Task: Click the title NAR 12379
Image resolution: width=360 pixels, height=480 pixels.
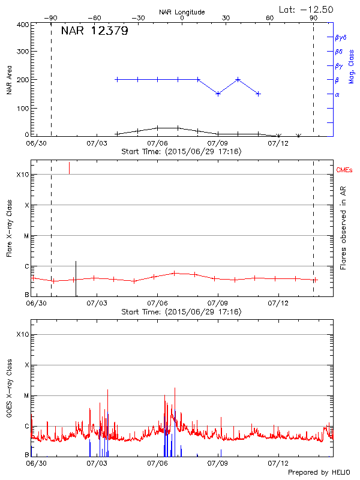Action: pos(95,31)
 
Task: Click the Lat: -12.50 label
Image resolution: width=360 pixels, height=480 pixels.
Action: pos(307,9)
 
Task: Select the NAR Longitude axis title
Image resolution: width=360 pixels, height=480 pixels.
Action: pos(182,12)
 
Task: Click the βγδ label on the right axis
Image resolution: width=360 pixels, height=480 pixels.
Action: pos(341,37)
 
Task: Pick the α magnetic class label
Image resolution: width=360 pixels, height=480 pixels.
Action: pos(337,94)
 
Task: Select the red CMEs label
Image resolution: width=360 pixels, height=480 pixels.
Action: pos(344,171)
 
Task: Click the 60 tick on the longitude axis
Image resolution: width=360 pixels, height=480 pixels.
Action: pos(269,18)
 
